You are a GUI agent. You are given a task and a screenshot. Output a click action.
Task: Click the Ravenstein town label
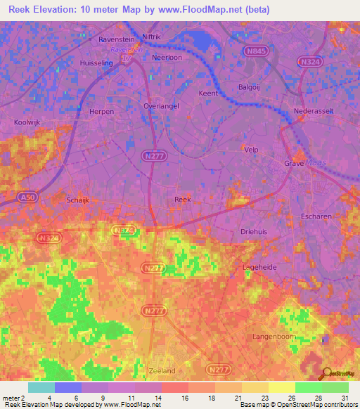coord(115,40)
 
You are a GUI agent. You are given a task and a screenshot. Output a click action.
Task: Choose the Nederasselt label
coord(313,112)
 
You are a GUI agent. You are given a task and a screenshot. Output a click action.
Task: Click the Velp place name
coord(251,150)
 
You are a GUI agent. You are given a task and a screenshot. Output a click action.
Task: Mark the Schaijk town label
coord(77,200)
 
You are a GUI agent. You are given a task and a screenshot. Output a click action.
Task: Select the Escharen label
coord(316,216)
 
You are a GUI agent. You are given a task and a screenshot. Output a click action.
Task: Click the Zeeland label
coord(162,370)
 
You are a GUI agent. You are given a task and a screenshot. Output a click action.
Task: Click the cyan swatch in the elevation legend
coord(41,388)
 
